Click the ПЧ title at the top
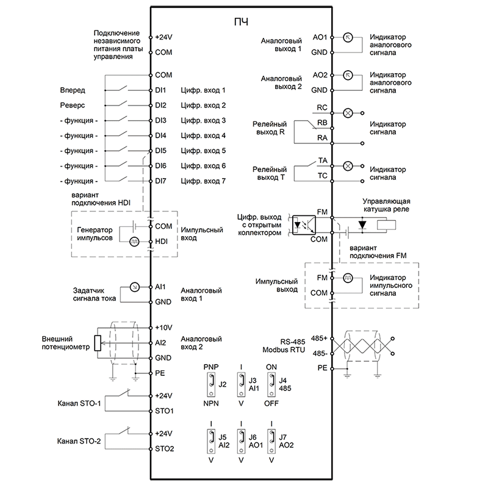241,22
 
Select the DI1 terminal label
160,90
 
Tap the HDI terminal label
161,242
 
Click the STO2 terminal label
164,449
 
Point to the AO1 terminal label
320,37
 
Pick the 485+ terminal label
319,339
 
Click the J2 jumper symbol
211,385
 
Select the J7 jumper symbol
271,441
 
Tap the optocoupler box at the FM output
304,225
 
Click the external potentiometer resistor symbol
98,343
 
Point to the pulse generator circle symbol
134,242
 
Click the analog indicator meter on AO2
348,75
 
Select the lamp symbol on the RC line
348,113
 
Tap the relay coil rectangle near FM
386,225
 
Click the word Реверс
73,106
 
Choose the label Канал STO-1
79,404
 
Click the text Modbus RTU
284,350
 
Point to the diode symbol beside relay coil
362,224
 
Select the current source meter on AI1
134,287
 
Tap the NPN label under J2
211,404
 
